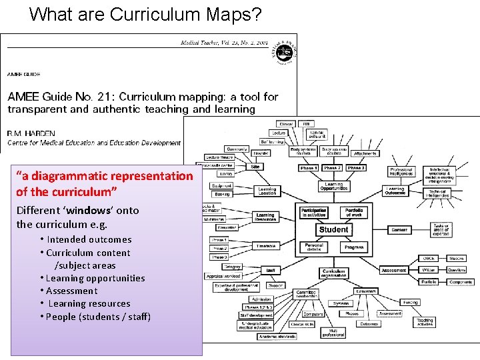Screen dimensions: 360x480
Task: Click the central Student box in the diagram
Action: click(333, 229)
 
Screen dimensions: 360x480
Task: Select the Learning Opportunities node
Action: click(333, 187)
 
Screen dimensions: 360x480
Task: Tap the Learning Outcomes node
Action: click(395, 190)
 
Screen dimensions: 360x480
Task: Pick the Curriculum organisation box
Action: click(333, 273)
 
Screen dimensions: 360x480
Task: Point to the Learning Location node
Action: click(267, 191)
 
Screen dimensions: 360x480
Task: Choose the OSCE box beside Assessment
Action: click(429, 258)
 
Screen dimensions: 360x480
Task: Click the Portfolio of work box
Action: click(354, 213)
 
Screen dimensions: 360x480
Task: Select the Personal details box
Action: click(314, 247)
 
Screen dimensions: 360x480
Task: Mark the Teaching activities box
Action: click(425, 323)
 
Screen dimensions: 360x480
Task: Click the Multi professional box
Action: click(333, 331)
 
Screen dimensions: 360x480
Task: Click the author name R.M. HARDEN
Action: click(32, 133)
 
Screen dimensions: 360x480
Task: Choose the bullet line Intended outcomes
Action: click(89, 239)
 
